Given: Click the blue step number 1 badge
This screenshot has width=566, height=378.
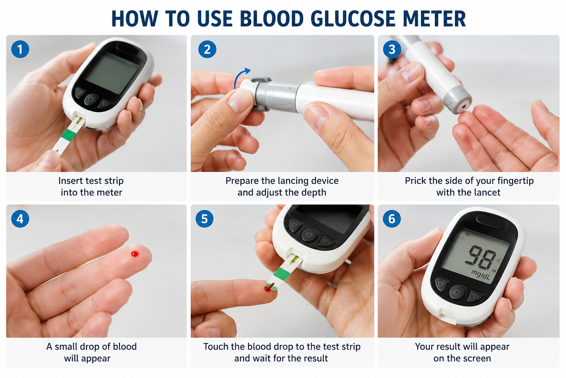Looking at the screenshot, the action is (x=20, y=49).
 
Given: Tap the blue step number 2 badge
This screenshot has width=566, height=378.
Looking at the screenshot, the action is (x=207, y=49).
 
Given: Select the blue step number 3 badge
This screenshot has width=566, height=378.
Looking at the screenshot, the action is (x=392, y=49).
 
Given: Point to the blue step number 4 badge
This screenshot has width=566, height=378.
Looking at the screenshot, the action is (x=20, y=219).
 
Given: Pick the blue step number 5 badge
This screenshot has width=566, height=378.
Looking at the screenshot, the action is (x=205, y=219).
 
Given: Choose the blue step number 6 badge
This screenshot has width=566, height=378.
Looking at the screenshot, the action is (x=392, y=219).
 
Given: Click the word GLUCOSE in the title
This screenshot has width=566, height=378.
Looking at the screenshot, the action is (x=353, y=19).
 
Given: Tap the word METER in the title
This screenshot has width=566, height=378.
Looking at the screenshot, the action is (x=434, y=19).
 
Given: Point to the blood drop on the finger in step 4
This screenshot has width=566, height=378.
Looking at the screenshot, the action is (x=135, y=254).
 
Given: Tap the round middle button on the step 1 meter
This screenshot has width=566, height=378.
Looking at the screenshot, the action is (x=91, y=100).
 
